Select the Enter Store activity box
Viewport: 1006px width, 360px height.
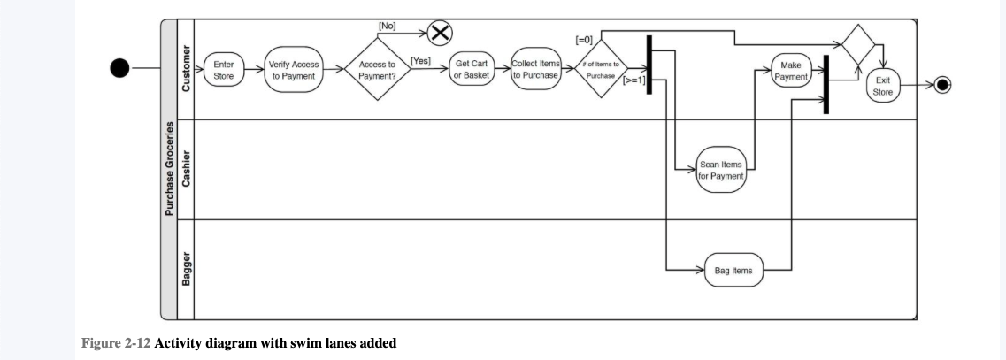point(223,70)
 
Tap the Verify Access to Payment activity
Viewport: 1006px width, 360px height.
point(294,70)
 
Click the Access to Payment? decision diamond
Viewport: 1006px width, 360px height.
point(377,70)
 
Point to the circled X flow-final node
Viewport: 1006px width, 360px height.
point(440,34)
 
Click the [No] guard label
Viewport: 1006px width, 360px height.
point(388,26)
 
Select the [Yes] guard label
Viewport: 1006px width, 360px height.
point(420,61)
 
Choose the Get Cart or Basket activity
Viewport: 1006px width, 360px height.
point(471,70)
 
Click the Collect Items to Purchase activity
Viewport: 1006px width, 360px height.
point(535,70)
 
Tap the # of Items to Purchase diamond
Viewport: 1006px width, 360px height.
point(601,70)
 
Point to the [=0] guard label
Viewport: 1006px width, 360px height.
point(584,40)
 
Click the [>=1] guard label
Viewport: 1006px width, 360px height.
point(634,80)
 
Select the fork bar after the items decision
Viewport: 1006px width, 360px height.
point(649,65)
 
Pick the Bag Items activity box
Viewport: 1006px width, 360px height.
point(733,270)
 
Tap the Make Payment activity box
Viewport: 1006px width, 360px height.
point(791,72)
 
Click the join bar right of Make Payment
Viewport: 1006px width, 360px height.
point(826,84)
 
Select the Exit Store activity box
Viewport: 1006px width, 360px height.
point(882,86)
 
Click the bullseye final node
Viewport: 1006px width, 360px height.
point(942,85)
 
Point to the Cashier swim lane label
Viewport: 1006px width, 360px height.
point(186,168)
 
